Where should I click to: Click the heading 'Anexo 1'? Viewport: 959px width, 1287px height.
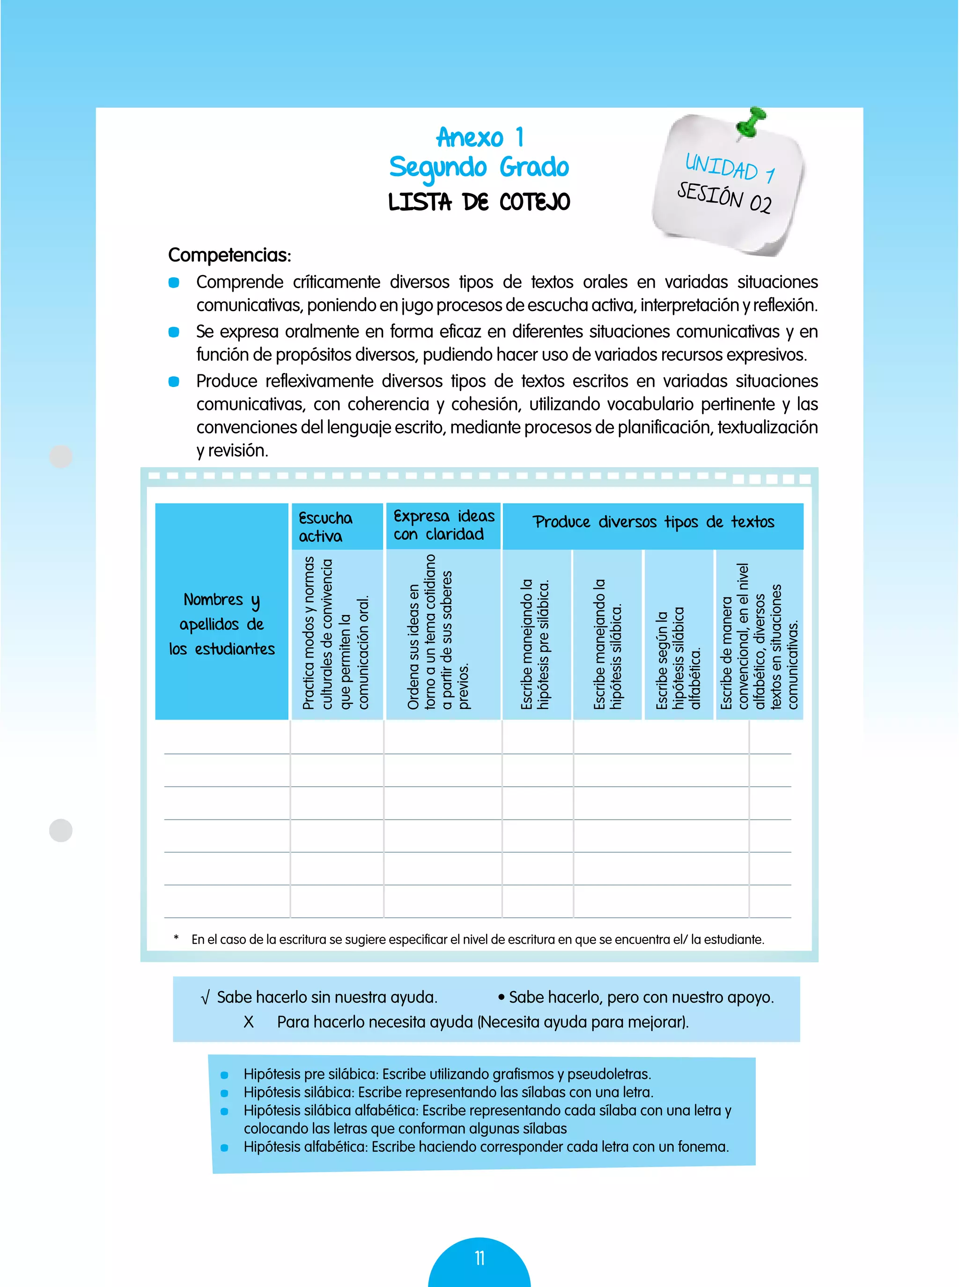tap(479, 138)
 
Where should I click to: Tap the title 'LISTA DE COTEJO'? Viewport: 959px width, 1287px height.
tap(479, 202)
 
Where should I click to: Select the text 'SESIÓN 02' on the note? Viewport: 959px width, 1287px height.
tap(724, 197)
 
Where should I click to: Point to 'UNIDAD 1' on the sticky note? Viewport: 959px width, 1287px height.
tap(730, 167)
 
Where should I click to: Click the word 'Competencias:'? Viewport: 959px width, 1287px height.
tap(229, 255)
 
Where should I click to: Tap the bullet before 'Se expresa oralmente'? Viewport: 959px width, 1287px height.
tap(174, 332)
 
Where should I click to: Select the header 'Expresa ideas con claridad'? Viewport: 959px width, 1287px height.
tap(443, 525)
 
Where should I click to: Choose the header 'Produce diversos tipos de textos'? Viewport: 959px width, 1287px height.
tap(653, 522)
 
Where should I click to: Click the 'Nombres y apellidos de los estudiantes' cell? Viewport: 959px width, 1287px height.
tap(222, 624)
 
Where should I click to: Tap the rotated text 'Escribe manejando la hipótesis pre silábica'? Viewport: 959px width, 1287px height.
tap(535, 644)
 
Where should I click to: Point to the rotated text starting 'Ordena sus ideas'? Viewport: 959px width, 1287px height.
tap(438, 632)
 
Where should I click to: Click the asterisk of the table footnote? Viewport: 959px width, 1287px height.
tap(176, 938)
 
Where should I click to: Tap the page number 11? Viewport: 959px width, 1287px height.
tap(479, 1258)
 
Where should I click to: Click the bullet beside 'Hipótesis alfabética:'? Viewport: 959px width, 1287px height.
tap(225, 1147)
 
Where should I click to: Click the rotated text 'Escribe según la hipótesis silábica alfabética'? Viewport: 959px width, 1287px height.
tap(679, 659)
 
